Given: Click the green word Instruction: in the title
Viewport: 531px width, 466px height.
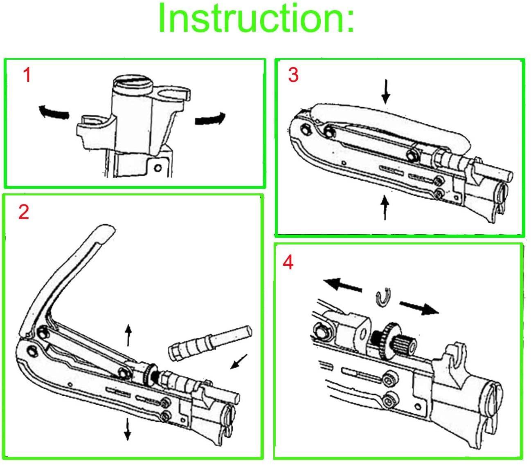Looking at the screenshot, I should coord(256,18).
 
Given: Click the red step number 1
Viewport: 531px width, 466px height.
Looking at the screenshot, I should coord(27,75).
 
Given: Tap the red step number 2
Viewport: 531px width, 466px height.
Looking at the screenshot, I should coord(24,212).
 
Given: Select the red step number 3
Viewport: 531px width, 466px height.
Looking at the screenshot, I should coord(293,75).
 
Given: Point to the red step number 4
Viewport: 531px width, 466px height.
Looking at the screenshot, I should coord(288,262).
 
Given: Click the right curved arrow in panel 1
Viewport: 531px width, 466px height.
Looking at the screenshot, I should coord(210,119).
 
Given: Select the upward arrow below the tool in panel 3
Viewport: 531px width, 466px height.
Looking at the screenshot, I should coord(385,208).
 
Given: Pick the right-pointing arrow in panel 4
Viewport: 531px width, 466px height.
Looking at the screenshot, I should coord(418,307).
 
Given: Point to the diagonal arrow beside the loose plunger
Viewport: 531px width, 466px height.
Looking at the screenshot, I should coord(239,361).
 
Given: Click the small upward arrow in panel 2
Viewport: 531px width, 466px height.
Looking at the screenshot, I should coord(128,335).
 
